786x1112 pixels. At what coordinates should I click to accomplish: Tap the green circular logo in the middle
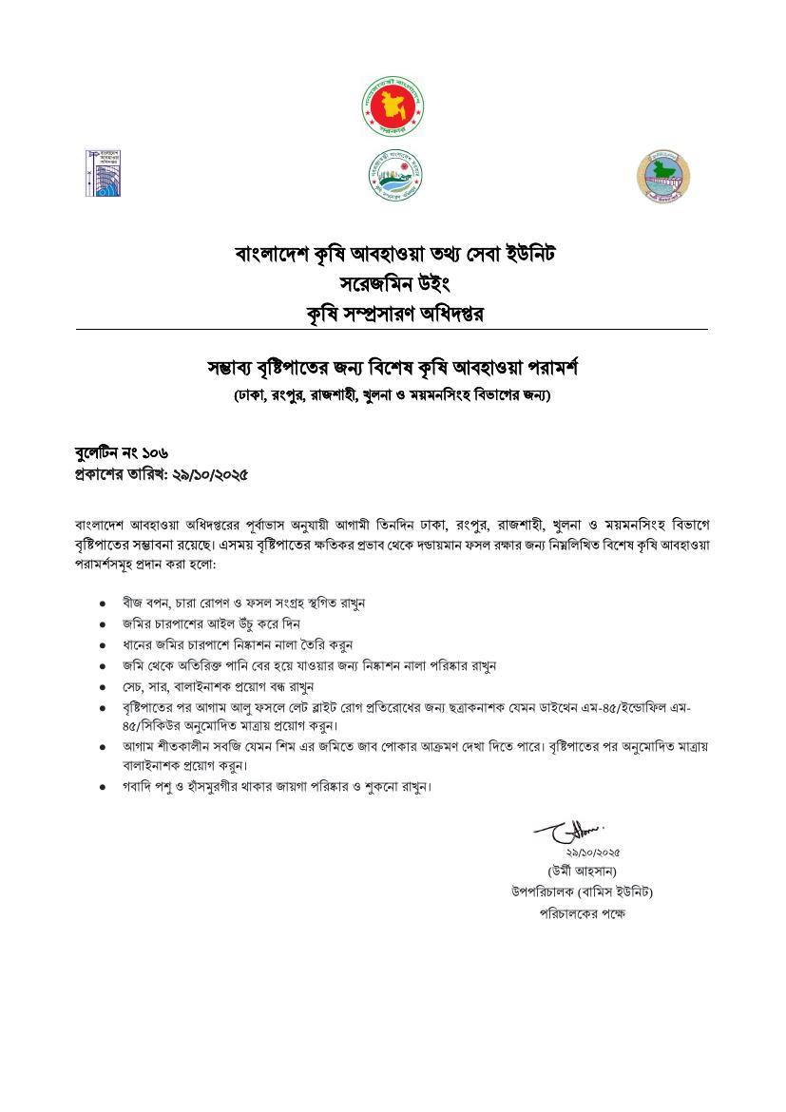394,174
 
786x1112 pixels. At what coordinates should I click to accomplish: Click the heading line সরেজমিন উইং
393,283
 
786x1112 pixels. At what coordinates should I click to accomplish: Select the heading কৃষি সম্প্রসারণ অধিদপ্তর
393,313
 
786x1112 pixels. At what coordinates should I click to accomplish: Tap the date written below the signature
592,853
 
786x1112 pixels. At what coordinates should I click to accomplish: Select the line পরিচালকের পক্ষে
583,913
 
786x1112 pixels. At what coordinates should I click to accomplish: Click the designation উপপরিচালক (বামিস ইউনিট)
582,892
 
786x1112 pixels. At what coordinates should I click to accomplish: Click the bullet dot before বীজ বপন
102,604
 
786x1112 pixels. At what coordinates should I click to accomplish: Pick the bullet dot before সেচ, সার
102,686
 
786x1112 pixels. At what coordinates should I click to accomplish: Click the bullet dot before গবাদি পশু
102,788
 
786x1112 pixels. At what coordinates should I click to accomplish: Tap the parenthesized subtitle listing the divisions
393,394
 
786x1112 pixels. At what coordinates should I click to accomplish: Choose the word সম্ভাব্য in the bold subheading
237,366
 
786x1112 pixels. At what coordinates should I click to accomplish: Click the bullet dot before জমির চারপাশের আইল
102,624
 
